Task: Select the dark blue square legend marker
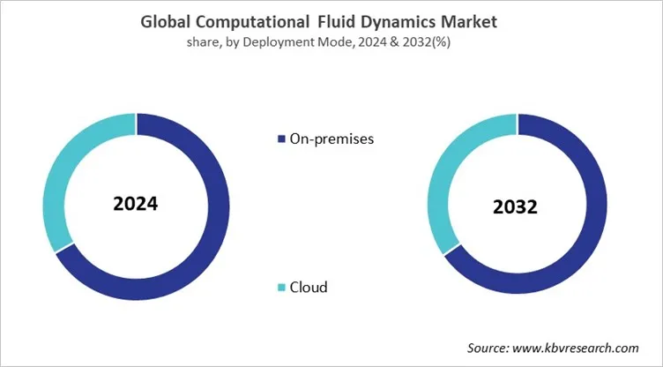pos(281,139)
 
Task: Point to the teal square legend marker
pos(281,288)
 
